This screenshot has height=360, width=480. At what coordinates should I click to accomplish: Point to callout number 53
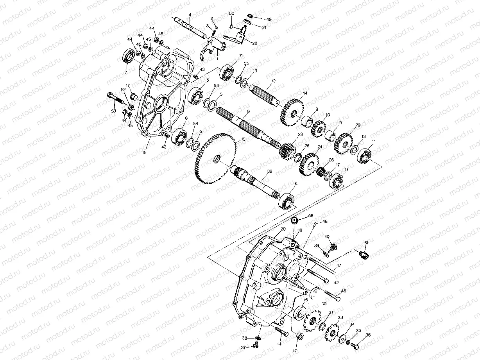click(x=114, y=111)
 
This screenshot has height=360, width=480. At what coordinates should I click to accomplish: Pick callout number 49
click(x=269, y=19)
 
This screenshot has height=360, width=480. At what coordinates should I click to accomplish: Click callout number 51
click(x=366, y=243)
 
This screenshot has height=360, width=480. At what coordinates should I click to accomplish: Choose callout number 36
click(x=368, y=335)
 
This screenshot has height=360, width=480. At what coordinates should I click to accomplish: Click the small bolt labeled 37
click(x=256, y=345)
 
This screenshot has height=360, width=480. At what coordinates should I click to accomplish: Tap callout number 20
click(x=283, y=229)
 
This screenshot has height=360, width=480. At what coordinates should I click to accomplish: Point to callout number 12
click(x=274, y=81)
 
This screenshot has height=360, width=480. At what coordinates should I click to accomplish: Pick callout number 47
click(x=339, y=265)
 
